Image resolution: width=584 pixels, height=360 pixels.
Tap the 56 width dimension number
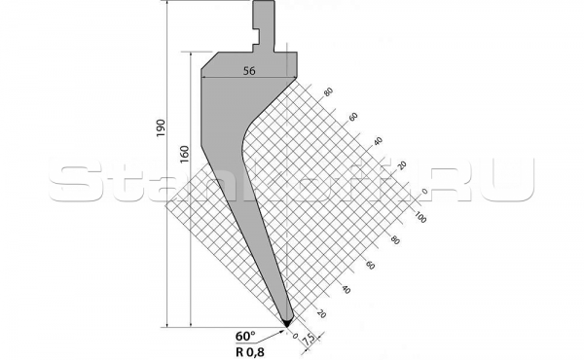pos(249,71)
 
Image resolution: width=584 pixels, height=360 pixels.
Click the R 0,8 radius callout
pos(252,347)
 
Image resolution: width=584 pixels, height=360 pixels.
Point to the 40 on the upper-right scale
pos(377,141)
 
